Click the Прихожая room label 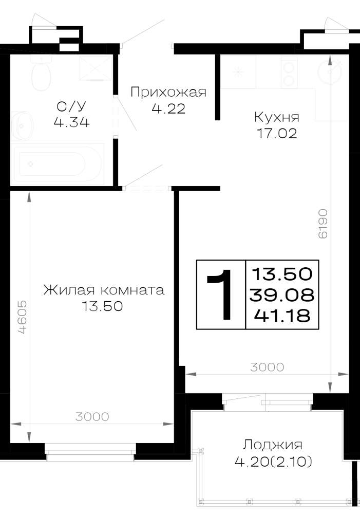tap(168, 93)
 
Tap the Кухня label tap(277, 117)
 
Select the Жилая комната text tap(104, 290)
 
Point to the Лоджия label tap(273, 445)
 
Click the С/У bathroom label tap(71, 106)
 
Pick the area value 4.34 tap(72, 122)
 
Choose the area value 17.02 tap(277, 134)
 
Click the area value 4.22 tap(168, 108)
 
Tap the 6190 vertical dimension tap(323, 224)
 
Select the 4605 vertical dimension tap(22, 317)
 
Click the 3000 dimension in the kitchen tap(267, 367)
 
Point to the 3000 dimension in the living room tap(92, 417)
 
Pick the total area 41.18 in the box tap(282, 316)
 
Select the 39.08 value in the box tap(282, 295)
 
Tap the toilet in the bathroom tap(41, 73)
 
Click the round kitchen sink tap(330, 71)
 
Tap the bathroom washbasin tap(22, 125)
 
